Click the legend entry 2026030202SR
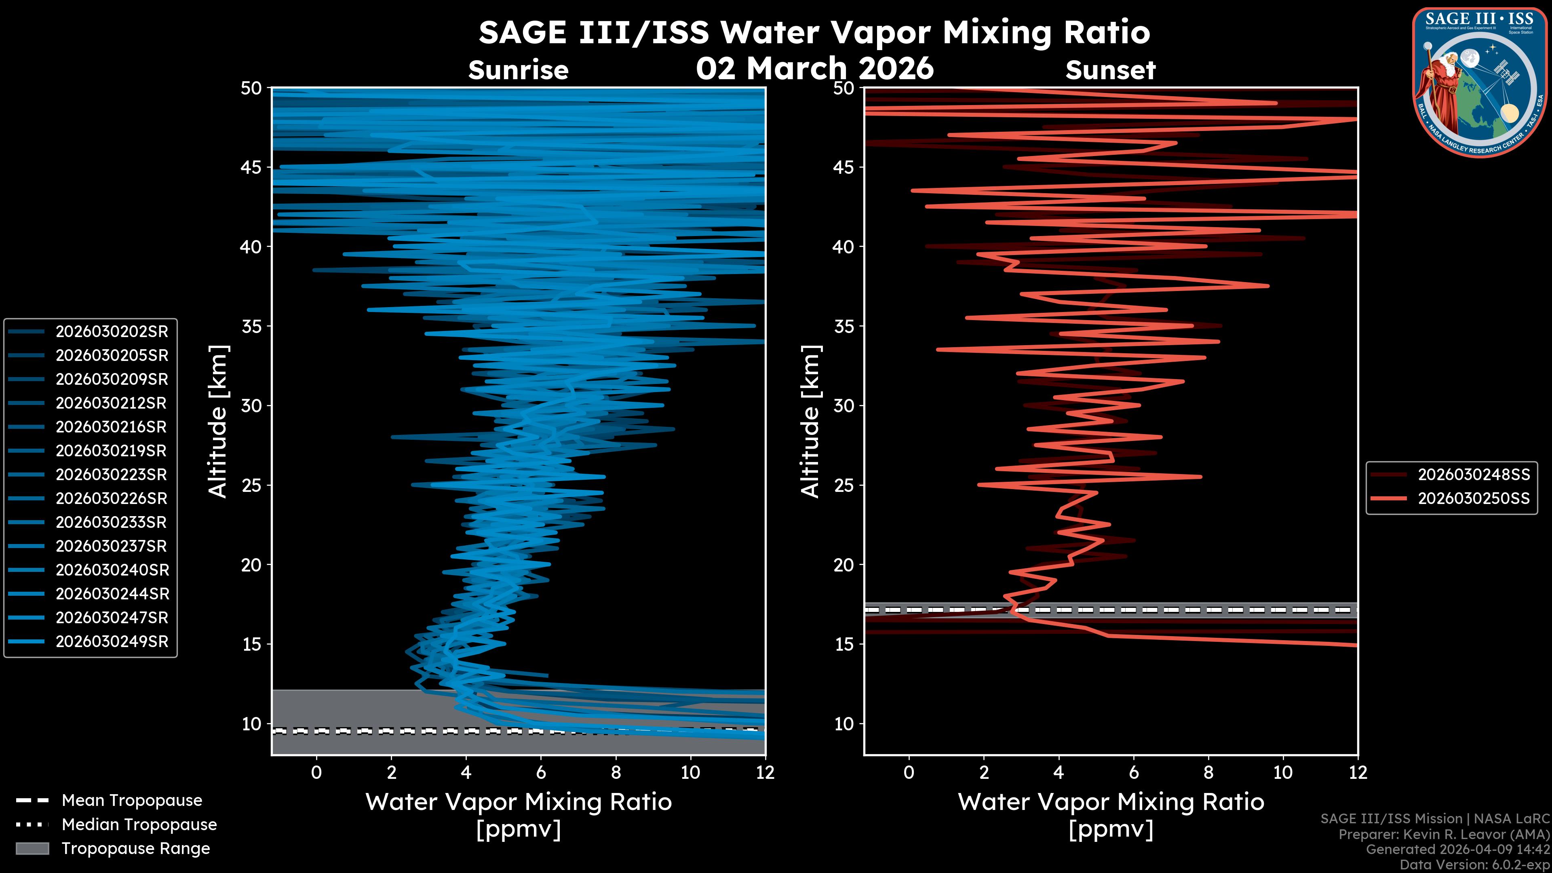112,331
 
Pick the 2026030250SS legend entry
1473,499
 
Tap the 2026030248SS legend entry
1473,475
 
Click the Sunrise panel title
518,70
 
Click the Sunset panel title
1110,70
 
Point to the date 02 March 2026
814,68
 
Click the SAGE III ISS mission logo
1478,82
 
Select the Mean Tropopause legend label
131,800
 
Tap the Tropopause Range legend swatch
32,848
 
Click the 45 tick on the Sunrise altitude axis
252,167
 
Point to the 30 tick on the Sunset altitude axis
844,405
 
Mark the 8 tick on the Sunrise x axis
616,772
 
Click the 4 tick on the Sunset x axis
1059,772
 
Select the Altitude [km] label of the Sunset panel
811,421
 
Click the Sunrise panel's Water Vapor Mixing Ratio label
518,802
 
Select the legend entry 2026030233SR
112,522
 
